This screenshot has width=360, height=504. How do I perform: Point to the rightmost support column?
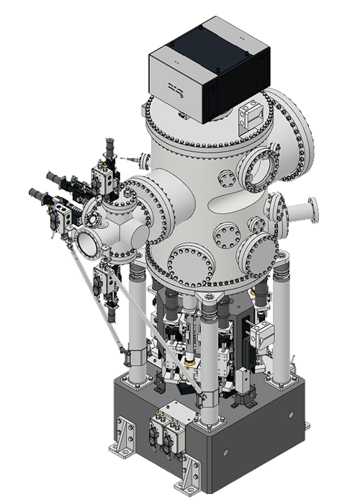[282, 324]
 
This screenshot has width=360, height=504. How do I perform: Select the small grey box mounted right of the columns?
[262, 333]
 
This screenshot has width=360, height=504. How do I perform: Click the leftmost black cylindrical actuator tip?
[35, 193]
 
